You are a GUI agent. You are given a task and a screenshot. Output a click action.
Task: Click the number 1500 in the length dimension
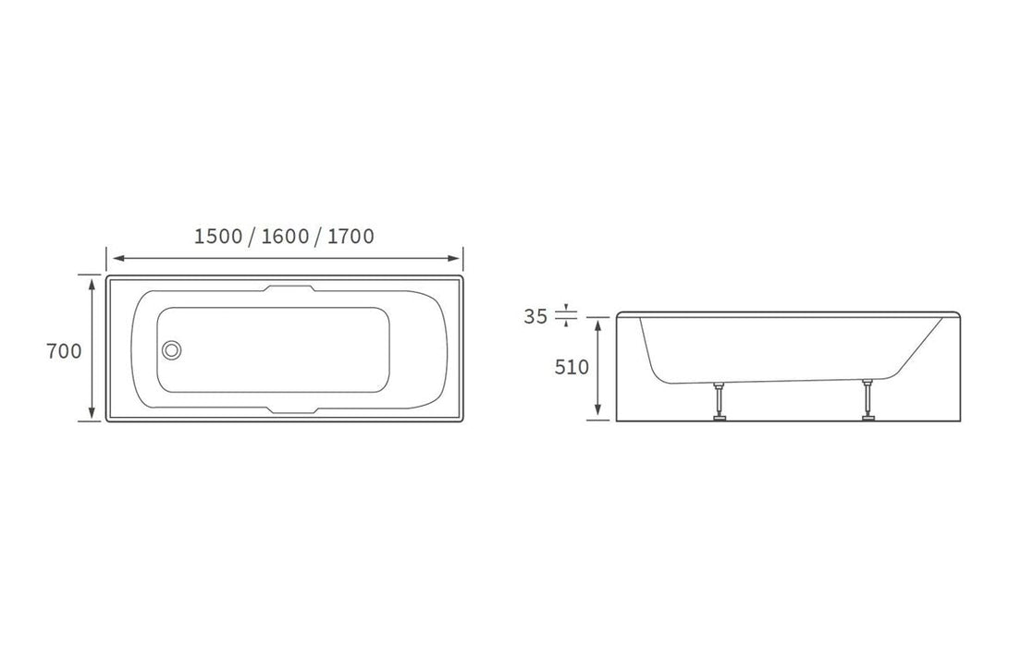(217, 237)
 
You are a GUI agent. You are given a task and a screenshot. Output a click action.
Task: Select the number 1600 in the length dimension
(285, 237)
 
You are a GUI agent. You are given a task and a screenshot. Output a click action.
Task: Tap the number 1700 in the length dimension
(351, 237)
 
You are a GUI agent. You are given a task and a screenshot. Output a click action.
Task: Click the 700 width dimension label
(65, 351)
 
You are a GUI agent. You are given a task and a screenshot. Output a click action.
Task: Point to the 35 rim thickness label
(535, 317)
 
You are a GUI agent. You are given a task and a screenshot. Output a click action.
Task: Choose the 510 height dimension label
(572, 367)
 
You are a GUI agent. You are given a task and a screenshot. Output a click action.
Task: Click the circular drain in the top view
(171, 350)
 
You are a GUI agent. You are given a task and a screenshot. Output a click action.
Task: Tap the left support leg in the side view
(717, 399)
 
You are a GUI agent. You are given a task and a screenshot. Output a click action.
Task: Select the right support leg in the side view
(867, 399)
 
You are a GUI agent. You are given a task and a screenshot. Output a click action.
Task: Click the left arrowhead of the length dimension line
(112, 259)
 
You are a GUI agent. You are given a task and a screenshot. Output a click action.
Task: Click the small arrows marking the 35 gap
(566, 316)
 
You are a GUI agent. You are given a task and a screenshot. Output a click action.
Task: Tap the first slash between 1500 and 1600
(252, 238)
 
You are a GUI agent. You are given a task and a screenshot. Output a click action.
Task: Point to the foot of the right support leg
(868, 418)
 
